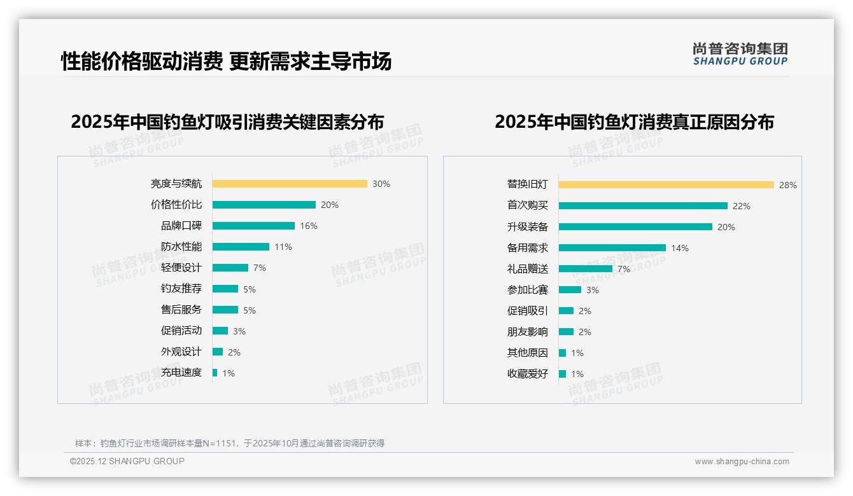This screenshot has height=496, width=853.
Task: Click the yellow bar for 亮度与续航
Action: coord(290,184)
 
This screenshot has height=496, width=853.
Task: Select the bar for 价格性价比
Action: coord(264,205)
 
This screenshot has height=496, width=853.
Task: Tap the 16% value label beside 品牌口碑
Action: coord(309,226)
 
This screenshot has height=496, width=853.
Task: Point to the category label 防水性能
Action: coord(181,247)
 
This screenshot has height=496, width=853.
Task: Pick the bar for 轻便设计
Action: coord(230,268)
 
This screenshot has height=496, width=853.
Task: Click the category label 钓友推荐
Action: coord(181,289)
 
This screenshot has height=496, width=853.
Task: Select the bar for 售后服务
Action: coord(225,310)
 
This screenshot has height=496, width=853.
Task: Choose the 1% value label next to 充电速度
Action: coord(229,373)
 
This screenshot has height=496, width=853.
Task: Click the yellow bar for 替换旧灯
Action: coord(666,185)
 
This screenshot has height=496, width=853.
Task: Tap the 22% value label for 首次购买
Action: coord(742,206)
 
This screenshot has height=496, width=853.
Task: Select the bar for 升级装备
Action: coord(635,227)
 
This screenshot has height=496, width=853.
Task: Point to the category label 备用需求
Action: coord(528,248)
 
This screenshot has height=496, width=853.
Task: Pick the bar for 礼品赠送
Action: coord(586,269)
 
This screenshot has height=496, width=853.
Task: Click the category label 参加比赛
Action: coord(528,290)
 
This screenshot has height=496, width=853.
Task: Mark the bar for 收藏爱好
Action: coord(563,374)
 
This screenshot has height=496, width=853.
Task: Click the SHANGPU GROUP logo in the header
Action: coord(740,54)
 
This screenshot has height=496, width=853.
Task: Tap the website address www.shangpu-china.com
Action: coord(742,462)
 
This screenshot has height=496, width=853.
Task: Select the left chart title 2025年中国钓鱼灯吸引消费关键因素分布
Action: coord(227,122)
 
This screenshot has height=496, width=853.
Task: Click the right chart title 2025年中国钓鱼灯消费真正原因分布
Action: coord(634,122)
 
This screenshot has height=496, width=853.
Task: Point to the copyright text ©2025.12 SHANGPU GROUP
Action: coord(127,461)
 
